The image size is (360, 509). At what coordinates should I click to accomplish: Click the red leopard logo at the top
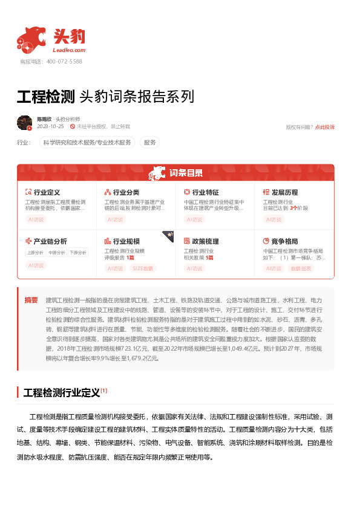tap(31, 39)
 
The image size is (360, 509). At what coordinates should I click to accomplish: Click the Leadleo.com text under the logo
tap(70, 50)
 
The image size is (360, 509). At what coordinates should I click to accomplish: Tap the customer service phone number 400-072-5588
tap(59, 62)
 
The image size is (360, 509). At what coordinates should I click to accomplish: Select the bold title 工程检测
tap(45, 96)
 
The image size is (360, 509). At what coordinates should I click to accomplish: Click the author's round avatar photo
tap(25, 123)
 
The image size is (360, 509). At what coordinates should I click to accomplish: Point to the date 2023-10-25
tap(50, 127)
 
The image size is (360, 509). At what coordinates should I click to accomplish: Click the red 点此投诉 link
tap(324, 127)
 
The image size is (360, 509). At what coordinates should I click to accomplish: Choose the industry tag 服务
tap(149, 143)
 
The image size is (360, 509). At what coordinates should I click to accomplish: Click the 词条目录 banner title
tap(186, 173)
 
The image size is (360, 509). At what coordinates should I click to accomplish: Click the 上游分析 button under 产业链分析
tap(35, 253)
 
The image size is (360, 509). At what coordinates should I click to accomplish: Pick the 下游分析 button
tap(77, 253)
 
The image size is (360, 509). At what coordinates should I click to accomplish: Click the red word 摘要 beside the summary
tap(31, 300)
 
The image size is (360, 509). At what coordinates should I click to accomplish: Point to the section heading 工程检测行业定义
tap(61, 393)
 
